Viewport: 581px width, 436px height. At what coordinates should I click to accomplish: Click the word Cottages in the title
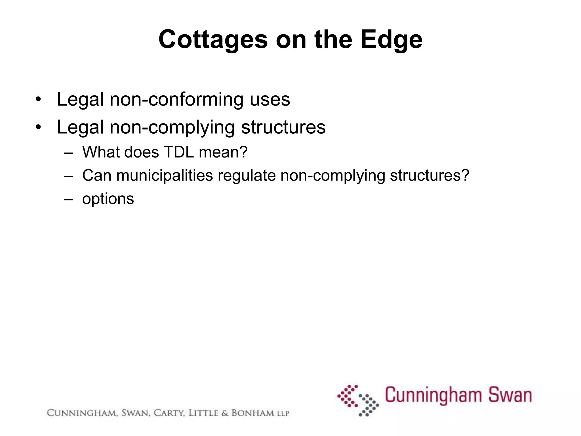(213, 40)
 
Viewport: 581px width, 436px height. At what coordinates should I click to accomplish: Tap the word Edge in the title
(391, 40)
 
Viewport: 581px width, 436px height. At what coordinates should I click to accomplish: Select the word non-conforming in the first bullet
(176, 99)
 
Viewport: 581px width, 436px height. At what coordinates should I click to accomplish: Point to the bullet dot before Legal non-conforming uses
(38, 100)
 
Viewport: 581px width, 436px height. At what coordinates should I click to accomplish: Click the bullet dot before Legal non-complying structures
(38, 127)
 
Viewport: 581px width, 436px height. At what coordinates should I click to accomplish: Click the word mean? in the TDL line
(223, 152)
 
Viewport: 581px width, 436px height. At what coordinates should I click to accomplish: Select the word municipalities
(165, 175)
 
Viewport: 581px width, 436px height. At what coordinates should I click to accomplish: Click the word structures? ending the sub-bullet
(430, 175)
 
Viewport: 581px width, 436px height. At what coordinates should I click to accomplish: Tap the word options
(108, 199)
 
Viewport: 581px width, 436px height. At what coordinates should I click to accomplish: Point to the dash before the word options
(68, 199)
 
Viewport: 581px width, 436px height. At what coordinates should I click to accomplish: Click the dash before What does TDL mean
(68, 152)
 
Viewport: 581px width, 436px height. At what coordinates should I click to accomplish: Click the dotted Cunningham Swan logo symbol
(358, 400)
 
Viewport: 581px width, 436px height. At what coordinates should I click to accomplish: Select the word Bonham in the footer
(253, 413)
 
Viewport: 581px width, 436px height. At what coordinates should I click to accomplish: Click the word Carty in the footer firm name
(169, 413)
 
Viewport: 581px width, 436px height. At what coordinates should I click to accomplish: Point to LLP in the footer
(283, 414)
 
